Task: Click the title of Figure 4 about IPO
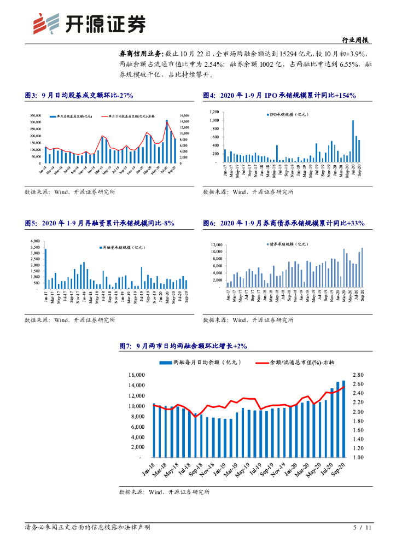click(x=279, y=96)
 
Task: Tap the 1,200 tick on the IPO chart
click(x=214, y=112)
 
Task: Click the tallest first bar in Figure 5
click(x=45, y=268)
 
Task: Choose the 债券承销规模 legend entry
click(x=290, y=243)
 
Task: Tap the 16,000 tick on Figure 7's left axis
click(x=134, y=375)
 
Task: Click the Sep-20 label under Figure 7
click(x=339, y=469)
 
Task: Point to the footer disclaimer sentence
click(x=88, y=527)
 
